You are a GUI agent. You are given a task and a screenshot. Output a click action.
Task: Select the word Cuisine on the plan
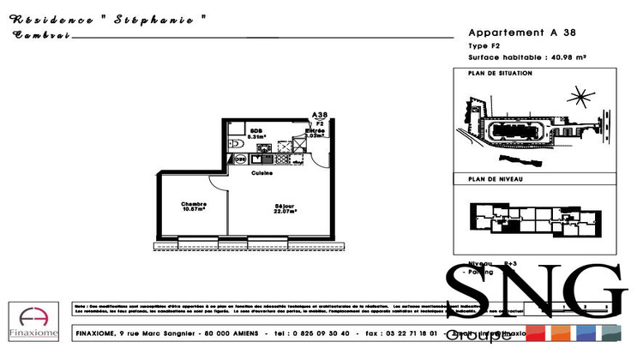point(261,173)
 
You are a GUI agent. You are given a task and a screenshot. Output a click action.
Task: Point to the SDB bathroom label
point(255,133)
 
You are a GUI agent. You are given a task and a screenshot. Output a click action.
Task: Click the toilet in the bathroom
point(235,144)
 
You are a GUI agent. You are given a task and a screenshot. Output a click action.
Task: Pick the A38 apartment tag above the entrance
point(320,116)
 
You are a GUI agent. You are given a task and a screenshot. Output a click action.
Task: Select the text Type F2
point(484,45)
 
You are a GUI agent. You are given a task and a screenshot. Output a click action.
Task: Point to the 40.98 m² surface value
point(568,57)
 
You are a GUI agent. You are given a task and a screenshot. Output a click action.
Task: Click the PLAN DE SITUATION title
point(500,74)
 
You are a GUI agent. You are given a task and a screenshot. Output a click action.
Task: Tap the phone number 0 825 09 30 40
point(320,333)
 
